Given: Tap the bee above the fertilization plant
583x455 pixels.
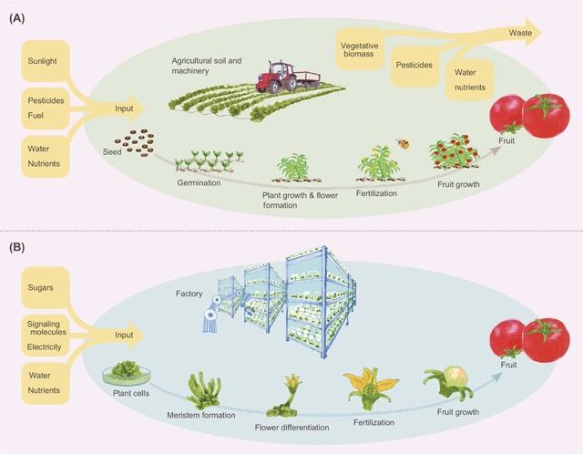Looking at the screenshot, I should coord(401,143).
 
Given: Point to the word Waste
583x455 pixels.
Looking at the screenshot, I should coord(521,32).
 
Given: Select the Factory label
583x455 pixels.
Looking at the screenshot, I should coord(189,294).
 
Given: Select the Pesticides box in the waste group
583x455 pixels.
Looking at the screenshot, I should coord(414,66).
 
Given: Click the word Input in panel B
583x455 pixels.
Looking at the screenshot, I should coord(122,336).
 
